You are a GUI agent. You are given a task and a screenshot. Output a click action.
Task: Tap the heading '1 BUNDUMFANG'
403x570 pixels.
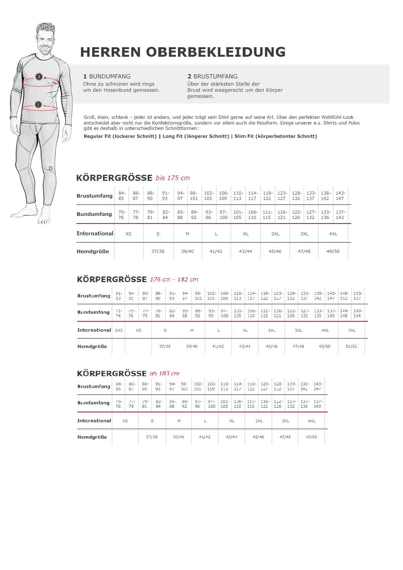pos(107,77)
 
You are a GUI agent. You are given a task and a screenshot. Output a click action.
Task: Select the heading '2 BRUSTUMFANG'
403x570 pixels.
pos(212,77)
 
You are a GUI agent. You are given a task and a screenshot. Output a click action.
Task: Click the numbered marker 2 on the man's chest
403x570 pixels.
pos(38,77)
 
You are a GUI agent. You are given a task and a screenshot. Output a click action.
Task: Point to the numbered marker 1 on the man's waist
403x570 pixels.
pos(38,104)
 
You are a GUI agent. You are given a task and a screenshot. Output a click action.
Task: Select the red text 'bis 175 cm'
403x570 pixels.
pos(172,178)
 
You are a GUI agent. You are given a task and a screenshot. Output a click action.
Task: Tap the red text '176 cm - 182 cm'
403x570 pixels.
pos(174,279)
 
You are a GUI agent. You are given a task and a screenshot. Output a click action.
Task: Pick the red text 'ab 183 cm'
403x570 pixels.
pos(164,374)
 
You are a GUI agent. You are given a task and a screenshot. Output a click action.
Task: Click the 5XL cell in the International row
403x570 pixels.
pos(352,330)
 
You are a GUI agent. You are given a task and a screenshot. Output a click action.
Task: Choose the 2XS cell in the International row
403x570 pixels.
pos(119,330)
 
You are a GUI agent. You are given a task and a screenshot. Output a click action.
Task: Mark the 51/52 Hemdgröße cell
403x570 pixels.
pos(351,346)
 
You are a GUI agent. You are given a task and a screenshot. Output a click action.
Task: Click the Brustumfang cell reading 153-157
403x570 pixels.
pos(357,296)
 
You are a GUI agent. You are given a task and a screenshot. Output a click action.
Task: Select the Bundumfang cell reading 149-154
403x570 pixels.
pos(357,313)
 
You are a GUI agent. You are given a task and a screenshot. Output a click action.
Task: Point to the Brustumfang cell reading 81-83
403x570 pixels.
pos(119,296)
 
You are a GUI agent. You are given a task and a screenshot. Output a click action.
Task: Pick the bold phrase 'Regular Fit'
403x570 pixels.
pos(97,136)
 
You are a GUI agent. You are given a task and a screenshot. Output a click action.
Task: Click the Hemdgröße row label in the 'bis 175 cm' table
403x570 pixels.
pos(93,251)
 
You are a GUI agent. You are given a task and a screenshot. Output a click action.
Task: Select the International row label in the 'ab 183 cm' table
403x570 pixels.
pos(94,421)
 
